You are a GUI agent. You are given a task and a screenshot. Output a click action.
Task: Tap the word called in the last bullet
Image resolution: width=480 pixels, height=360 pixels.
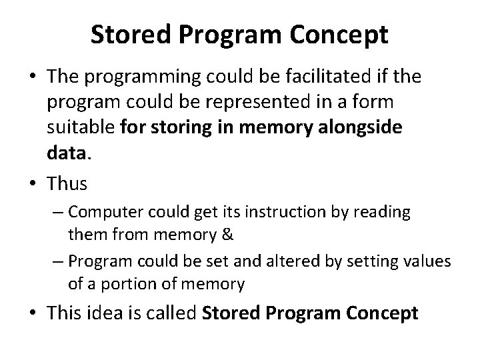point(166,312)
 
